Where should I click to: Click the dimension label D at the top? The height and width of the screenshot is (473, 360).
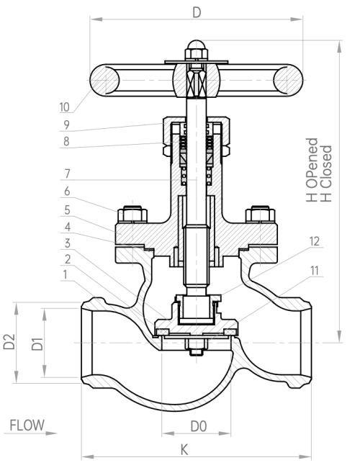pyautogui.click(x=197, y=13)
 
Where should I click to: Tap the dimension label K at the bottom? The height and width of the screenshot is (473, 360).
pyautogui.click(x=184, y=450)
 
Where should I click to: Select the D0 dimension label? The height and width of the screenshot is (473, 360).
pyautogui.click(x=199, y=426)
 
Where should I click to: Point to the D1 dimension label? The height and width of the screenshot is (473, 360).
pyautogui.click(x=37, y=344)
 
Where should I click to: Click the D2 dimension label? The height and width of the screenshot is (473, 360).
pyautogui.click(x=9, y=341)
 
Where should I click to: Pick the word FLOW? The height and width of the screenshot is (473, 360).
pyautogui.click(x=27, y=425)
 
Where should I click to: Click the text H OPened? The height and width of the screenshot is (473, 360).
pyautogui.click(x=312, y=170)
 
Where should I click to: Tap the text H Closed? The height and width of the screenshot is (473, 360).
pyautogui.click(x=326, y=174)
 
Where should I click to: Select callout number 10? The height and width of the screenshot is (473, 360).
pyautogui.click(x=64, y=107)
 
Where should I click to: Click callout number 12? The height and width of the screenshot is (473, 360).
pyautogui.click(x=315, y=241)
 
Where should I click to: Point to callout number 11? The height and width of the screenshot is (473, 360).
pyautogui.click(x=315, y=271)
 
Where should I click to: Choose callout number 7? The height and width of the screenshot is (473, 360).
pyautogui.click(x=67, y=174)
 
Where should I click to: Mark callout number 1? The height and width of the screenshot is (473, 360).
pyautogui.click(x=65, y=275)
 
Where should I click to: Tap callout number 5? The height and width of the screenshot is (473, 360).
pyautogui.click(x=67, y=210)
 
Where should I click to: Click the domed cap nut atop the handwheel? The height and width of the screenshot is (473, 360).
pyautogui.click(x=196, y=50)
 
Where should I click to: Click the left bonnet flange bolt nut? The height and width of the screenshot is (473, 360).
pyautogui.click(x=132, y=214)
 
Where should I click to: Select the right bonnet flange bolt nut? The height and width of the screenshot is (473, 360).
pyautogui.click(x=260, y=214)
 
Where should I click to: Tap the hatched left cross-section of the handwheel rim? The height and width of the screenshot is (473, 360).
pyautogui.click(x=104, y=80)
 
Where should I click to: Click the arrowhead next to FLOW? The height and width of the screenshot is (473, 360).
pyautogui.click(x=51, y=433)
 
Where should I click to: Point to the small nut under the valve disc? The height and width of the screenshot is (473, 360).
pyautogui.click(x=197, y=352)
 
